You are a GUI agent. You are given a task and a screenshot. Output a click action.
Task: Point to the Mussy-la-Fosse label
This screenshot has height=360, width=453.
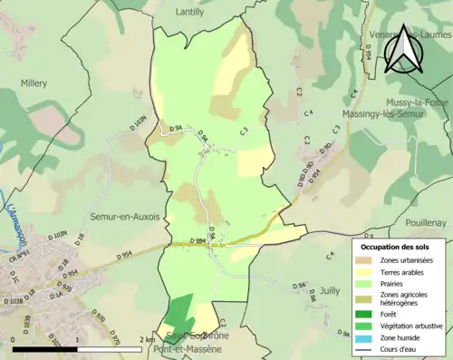(416, 102)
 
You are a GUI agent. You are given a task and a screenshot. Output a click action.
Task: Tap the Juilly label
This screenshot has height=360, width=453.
(329, 291)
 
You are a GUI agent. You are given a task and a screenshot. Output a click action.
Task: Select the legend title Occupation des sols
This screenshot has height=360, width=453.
(395, 247)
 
